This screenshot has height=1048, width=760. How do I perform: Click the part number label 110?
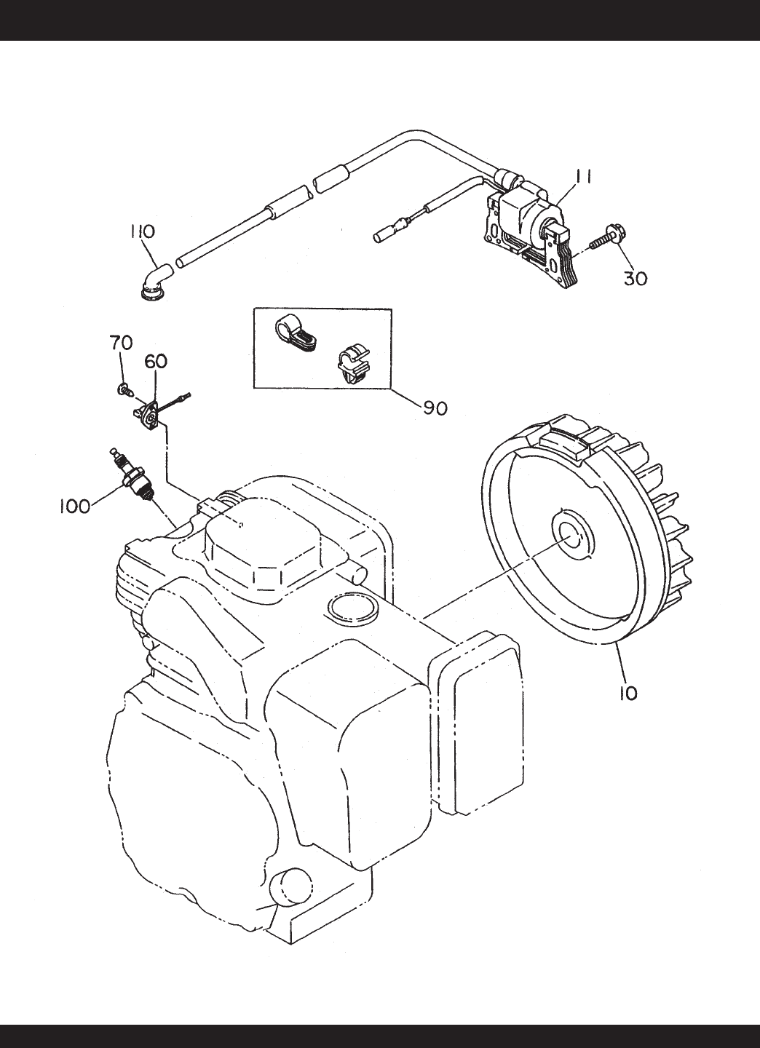point(142,231)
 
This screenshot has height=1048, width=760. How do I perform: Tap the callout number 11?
point(582,177)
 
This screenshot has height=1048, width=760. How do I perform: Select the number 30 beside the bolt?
point(635,278)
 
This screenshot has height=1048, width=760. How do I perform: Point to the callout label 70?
point(121,344)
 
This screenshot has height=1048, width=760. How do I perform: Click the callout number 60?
point(156,362)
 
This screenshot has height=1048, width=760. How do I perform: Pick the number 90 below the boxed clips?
point(435,408)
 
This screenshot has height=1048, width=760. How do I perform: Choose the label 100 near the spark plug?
point(74,506)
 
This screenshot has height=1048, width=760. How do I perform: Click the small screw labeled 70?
point(124,388)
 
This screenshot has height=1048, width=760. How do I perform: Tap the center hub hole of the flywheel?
point(574,536)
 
